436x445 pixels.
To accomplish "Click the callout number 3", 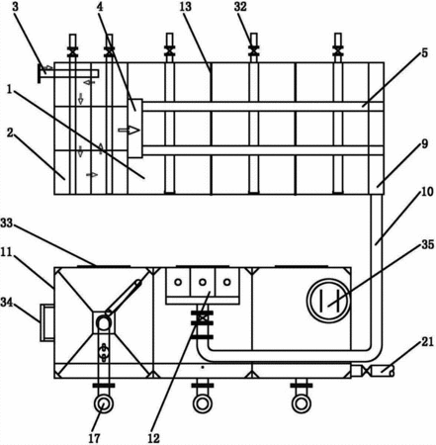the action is click(16, 7).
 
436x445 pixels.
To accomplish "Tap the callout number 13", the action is click(186, 7).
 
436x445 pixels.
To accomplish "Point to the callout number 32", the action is click(240, 7).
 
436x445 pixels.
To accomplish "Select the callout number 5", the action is click(424, 52).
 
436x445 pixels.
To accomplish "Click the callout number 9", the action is click(424, 143).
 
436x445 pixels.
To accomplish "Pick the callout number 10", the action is click(427, 192).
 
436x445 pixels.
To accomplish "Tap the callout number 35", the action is click(428, 244).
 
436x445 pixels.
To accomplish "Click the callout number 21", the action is click(428, 342).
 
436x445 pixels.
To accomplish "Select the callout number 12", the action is click(153, 438).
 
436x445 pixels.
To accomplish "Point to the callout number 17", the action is click(94, 438).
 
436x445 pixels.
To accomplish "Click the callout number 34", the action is click(7, 302).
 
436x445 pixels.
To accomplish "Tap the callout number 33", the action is click(7, 223).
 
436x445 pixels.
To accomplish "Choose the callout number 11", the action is click(6, 252).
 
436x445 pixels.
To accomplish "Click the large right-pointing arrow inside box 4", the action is click(129, 131).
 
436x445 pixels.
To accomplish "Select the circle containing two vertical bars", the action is click(328, 301).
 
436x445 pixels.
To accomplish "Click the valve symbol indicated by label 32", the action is click(253, 50).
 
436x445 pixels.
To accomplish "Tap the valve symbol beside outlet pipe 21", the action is click(366, 372).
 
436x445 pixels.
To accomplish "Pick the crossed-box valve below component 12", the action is click(203, 318).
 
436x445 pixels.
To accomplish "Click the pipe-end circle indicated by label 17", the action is click(104, 403).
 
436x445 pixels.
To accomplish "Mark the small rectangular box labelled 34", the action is click(47, 322).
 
